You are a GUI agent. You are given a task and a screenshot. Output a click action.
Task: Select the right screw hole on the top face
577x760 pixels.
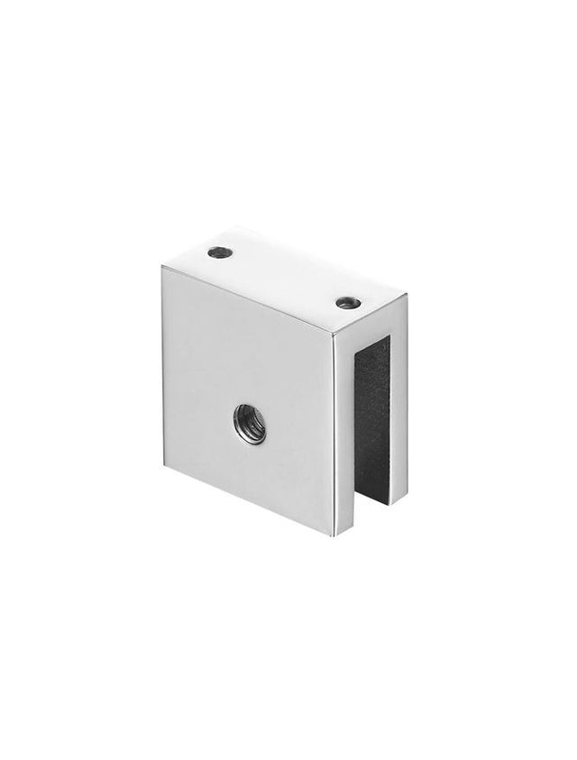[x=347, y=300]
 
